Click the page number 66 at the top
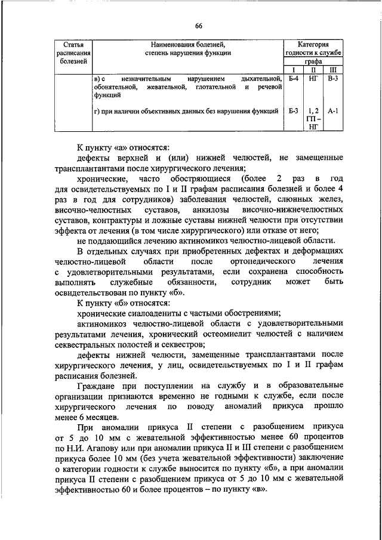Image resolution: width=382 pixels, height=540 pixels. pos(198,24)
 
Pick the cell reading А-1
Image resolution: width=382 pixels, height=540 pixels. pos(333,110)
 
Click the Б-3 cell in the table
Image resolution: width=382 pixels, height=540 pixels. pos(292,110)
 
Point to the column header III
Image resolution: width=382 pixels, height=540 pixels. pos(333,69)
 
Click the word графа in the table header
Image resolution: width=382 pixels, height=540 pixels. pos(313,61)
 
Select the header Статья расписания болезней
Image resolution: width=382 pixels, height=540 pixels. pos(73,53)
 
